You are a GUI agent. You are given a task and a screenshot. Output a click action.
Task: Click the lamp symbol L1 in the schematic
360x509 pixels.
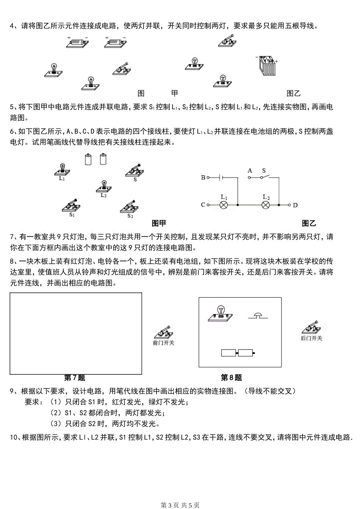pos(224,205)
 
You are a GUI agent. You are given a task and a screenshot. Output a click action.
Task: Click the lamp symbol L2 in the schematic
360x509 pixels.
pos(266,205)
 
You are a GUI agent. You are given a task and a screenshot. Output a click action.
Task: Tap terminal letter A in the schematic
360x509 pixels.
pos(250,171)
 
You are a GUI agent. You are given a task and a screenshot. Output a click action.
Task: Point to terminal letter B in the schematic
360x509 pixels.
pos(203,177)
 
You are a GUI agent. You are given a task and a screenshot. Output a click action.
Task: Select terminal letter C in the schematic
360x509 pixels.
pos(203,205)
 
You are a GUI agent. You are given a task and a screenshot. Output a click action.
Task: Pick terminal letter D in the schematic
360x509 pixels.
pos(295,205)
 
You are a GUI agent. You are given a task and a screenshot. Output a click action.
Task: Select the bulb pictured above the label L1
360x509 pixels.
pos(62,169)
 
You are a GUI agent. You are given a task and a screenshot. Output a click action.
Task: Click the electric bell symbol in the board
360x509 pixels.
pos(258,316)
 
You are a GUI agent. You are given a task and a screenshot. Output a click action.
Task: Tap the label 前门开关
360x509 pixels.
pos(163,343)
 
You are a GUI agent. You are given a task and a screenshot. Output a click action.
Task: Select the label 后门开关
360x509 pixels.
pos(311,338)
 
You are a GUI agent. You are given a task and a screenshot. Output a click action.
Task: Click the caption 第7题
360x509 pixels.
pos(75,378)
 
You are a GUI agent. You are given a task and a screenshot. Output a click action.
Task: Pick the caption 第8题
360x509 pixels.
pos(231,378)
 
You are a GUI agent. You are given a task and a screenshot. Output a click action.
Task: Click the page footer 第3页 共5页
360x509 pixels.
pos(180,505)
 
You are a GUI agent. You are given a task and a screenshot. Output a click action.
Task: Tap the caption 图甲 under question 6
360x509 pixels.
pos(159,223)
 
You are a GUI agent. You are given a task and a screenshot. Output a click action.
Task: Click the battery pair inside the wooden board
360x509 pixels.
pos(238,353)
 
